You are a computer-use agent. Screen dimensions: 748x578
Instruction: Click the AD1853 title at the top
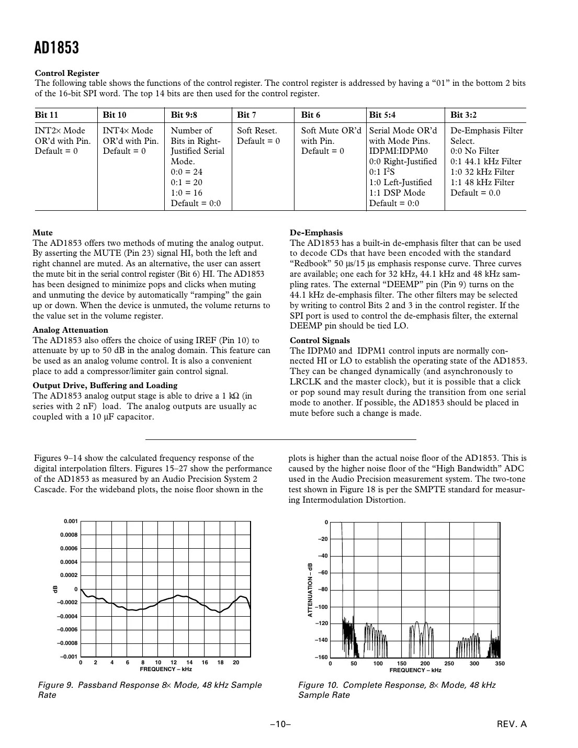click(x=56, y=48)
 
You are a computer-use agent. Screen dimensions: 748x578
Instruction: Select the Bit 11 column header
click(x=47, y=115)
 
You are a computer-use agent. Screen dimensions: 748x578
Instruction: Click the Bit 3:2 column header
click(x=463, y=115)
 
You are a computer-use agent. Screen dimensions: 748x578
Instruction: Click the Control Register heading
click(x=67, y=73)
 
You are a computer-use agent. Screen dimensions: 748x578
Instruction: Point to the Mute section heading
click(x=42, y=233)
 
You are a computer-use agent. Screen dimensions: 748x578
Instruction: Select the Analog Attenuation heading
click(x=70, y=330)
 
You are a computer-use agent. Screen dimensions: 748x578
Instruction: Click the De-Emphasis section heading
click(x=316, y=233)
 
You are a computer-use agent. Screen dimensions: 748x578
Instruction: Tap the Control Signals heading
click(x=320, y=341)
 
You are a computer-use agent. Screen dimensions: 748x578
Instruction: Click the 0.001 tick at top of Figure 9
click(x=71, y=522)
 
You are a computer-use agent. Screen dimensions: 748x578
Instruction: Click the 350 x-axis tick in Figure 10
click(x=500, y=663)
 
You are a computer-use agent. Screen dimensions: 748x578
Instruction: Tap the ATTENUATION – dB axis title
click(x=310, y=590)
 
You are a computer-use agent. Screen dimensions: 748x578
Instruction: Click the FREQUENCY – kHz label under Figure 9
click(x=166, y=670)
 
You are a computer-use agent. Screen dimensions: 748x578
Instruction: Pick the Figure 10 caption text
click(x=396, y=690)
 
